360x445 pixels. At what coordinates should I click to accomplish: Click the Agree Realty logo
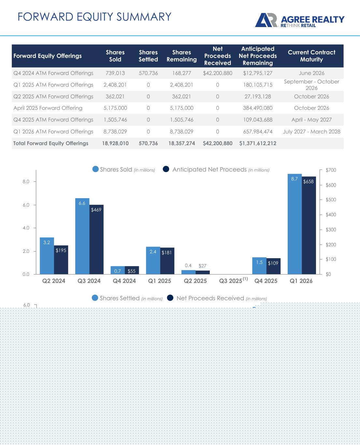tap(300, 20)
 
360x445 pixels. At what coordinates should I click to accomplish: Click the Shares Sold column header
tap(115, 56)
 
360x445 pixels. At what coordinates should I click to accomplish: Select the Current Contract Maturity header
tap(311, 56)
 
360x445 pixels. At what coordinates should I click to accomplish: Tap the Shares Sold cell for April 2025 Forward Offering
tap(115, 108)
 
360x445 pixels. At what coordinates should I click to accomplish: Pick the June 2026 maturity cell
tap(311, 73)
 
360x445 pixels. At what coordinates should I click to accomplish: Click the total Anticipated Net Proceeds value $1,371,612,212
tap(258, 143)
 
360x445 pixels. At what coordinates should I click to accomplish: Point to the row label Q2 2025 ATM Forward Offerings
tap(53, 96)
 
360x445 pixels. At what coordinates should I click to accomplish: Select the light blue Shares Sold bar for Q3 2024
tap(82, 236)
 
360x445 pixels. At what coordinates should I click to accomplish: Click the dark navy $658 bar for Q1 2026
tap(309, 225)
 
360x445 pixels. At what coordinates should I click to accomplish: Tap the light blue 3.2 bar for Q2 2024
tap(47, 256)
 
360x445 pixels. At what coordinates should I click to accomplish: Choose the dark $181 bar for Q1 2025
tap(167, 261)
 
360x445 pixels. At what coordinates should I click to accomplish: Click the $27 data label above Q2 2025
tap(202, 266)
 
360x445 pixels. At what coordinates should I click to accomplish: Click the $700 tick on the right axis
tap(331, 170)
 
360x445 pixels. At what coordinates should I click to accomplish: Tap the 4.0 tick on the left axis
tap(26, 228)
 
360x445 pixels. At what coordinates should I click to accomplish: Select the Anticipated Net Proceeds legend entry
tap(216, 170)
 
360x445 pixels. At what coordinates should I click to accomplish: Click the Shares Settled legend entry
tap(127, 298)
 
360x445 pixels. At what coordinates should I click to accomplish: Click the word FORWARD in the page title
tap(45, 17)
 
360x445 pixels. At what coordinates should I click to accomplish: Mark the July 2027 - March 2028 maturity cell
tap(311, 132)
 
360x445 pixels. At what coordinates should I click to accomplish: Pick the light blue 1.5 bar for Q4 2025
tap(259, 266)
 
